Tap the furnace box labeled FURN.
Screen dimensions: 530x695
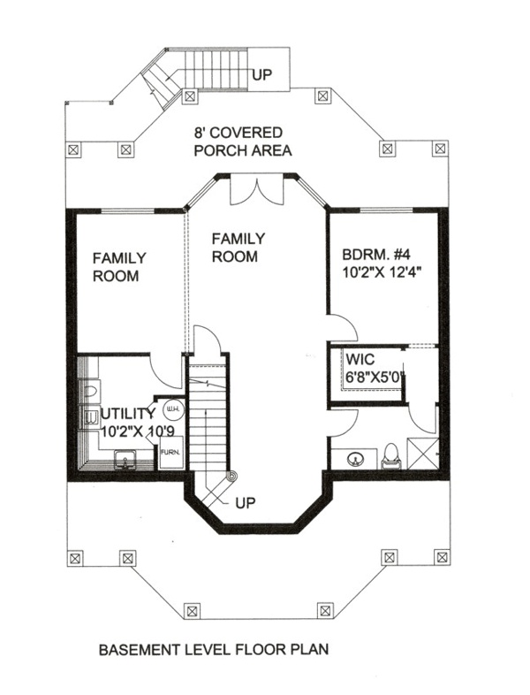(170, 452)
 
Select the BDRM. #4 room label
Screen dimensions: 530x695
(376, 255)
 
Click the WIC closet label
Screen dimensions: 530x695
(360, 359)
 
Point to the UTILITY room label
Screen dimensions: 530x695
(128, 414)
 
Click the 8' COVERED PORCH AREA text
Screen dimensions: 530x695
(243, 141)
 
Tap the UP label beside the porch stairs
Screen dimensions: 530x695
(261, 75)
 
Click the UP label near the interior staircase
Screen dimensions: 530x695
(246, 503)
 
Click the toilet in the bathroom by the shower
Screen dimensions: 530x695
(392, 456)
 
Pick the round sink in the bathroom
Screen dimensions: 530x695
(354, 459)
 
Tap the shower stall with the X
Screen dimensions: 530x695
(422, 454)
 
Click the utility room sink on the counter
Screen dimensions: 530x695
(125, 459)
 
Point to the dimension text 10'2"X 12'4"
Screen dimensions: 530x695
(381, 271)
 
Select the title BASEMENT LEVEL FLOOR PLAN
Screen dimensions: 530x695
(214, 650)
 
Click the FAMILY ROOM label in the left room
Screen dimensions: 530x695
(119, 267)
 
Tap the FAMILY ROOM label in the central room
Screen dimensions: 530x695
(238, 248)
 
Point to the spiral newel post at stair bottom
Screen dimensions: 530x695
(231, 477)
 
